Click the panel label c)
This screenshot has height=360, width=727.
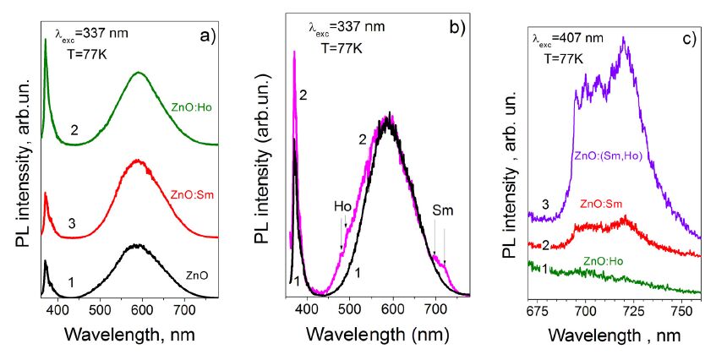point(688,37)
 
